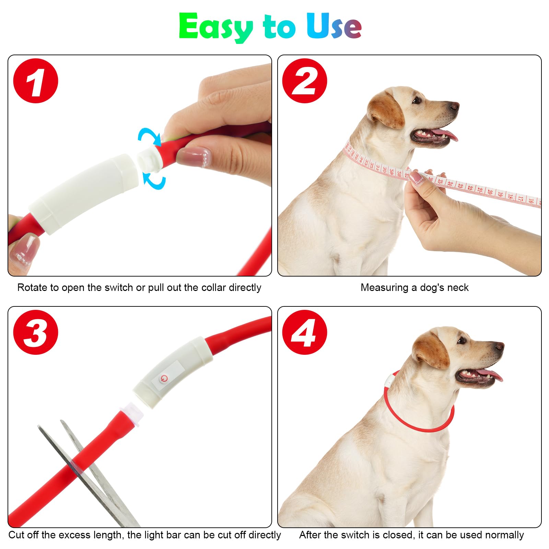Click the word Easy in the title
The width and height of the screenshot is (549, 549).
tap(215, 27)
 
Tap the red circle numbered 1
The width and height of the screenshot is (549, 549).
tap(36, 81)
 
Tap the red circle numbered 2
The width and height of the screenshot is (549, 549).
tap(304, 81)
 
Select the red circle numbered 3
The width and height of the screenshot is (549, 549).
tap(36, 332)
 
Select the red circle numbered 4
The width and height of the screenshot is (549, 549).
tap(304, 332)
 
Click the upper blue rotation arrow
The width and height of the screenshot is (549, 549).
tap(150, 136)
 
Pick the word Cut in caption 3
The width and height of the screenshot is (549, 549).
tap(16, 535)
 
